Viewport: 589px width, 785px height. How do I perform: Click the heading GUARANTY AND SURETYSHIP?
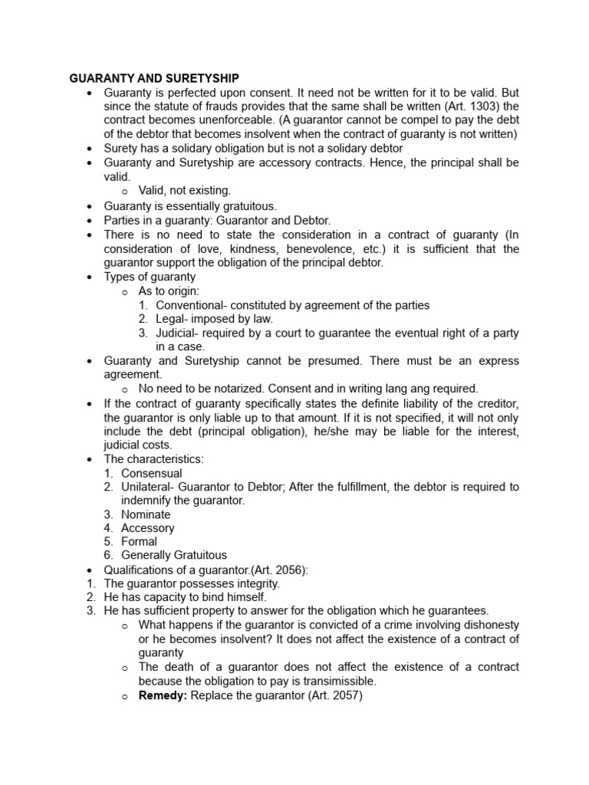tap(154, 78)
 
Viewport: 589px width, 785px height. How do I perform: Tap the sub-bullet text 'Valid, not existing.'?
tap(184, 190)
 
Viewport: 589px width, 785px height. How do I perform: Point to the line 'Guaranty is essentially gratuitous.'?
tap(190, 206)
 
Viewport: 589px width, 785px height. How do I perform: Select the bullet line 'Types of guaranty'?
tap(150, 277)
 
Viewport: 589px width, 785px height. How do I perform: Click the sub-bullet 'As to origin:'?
tap(169, 291)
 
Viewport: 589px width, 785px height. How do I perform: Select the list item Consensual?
tap(151, 473)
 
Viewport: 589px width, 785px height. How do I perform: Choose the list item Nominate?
tap(146, 514)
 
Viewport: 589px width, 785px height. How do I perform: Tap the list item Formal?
tap(139, 541)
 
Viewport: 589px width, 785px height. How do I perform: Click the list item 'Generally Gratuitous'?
tap(173, 555)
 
